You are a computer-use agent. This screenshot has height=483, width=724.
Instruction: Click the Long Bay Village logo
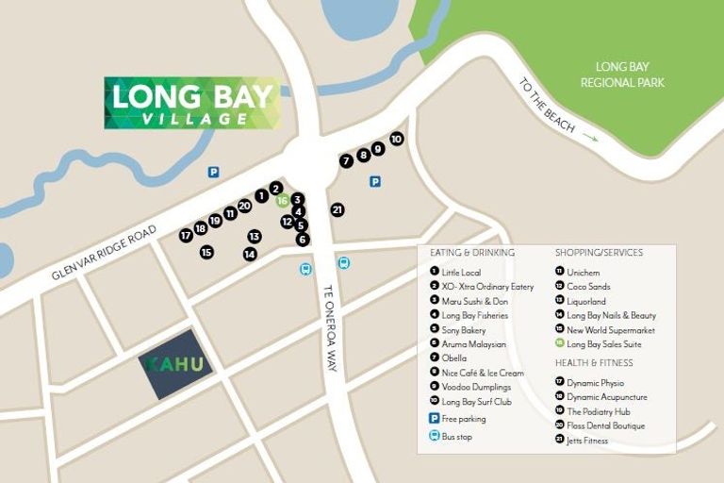pyautogui.click(x=192, y=103)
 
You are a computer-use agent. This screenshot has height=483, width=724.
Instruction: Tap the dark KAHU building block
pyautogui.click(x=174, y=363)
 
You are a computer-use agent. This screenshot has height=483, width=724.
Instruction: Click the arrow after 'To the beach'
pyautogui.click(x=590, y=138)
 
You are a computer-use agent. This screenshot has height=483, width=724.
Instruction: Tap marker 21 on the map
pyautogui.click(x=337, y=209)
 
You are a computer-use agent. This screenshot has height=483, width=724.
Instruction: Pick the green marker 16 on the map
pyautogui.click(x=282, y=200)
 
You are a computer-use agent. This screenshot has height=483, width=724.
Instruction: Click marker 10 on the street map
pyautogui.click(x=397, y=139)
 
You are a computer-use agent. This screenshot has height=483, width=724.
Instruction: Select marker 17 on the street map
pyautogui.click(x=186, y=235)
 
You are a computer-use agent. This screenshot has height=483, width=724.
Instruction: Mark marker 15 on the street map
pyautogui.click(x=206, y=252)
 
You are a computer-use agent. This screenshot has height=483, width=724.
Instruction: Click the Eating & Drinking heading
pyautogui.click(x=472, y=253)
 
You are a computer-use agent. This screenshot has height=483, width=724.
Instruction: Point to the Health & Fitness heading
pyautogui.click(x=595, y=363)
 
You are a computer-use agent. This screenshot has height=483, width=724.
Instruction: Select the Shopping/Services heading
pyautogui.click(x=599, y=253)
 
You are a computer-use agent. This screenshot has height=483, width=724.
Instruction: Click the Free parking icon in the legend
pyautogui.click(x=435, y=418)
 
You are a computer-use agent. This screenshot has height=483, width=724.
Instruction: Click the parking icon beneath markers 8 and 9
pyautogui.click(x=375, y=182)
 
